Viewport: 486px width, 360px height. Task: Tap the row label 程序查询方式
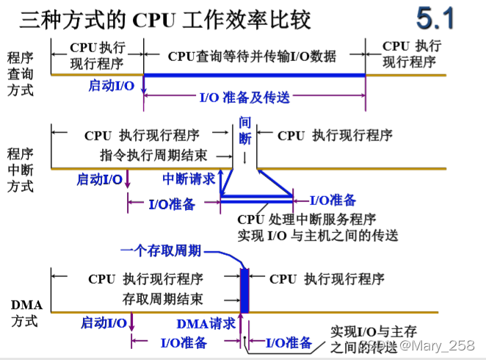20,73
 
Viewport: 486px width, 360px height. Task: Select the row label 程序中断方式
20,170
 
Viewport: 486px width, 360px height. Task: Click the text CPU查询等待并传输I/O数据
252,56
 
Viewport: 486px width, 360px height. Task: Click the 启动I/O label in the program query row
111,84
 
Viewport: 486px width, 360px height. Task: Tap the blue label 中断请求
189,178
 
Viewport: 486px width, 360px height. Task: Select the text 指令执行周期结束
153,155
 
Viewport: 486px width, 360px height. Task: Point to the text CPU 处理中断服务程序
308,218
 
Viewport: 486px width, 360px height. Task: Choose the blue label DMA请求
206,323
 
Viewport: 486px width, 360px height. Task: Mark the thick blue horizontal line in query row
254,75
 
